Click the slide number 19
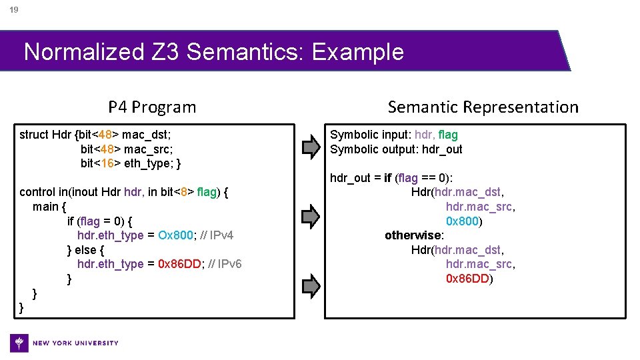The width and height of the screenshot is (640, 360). (x=13, y=10)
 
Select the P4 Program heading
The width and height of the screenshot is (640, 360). (x=152, y=107)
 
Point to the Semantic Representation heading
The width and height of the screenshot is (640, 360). (x=483, y=107)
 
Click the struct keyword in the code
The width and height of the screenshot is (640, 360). (x=35, y=135)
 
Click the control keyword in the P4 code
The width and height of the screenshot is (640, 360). (x=39, y=192)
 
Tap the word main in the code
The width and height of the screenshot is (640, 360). (x=45, y=207)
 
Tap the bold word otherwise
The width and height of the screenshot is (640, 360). (x=413, y=235)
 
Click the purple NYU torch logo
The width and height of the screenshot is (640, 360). (x=20, y=343)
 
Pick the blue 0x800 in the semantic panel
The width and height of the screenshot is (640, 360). (x=462, y=221)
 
